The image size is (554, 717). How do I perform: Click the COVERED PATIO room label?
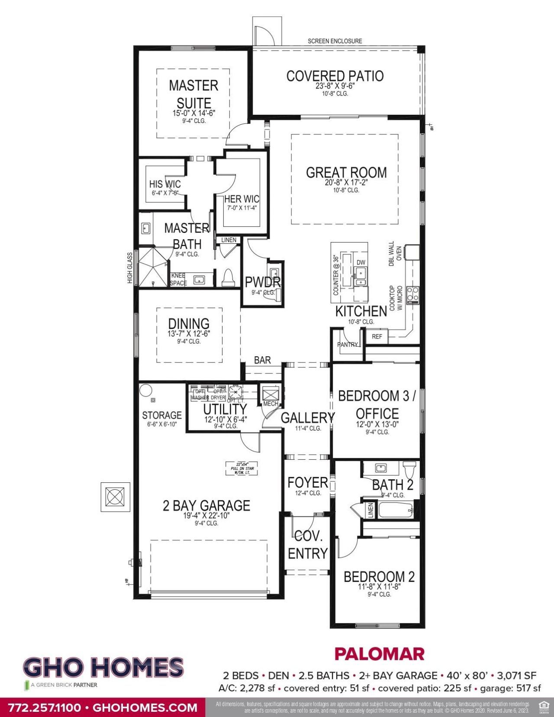pos(335,76)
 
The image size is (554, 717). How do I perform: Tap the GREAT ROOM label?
pos(346,172)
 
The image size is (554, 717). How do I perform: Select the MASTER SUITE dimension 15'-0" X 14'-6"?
pos(194,113)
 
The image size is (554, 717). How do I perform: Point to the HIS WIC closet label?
pos(165,184)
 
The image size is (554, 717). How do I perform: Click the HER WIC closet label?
pos(242,199)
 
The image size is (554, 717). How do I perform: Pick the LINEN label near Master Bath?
pos(229,240)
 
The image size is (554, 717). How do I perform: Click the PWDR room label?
pos(263,282)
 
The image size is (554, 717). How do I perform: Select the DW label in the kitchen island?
pos(361,262)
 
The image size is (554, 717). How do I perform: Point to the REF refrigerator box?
pos(377,336)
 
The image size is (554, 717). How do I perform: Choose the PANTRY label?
pos(348,345)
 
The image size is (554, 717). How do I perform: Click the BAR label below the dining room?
pos(262,360)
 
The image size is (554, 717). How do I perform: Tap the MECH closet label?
pos(271,404)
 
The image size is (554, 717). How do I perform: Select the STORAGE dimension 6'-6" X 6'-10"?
pos(162,424)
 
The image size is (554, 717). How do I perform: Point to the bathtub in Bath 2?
pos(396,510)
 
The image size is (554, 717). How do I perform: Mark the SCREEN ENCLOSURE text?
pos(335,41)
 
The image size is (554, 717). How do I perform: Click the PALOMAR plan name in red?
pos(380,654)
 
